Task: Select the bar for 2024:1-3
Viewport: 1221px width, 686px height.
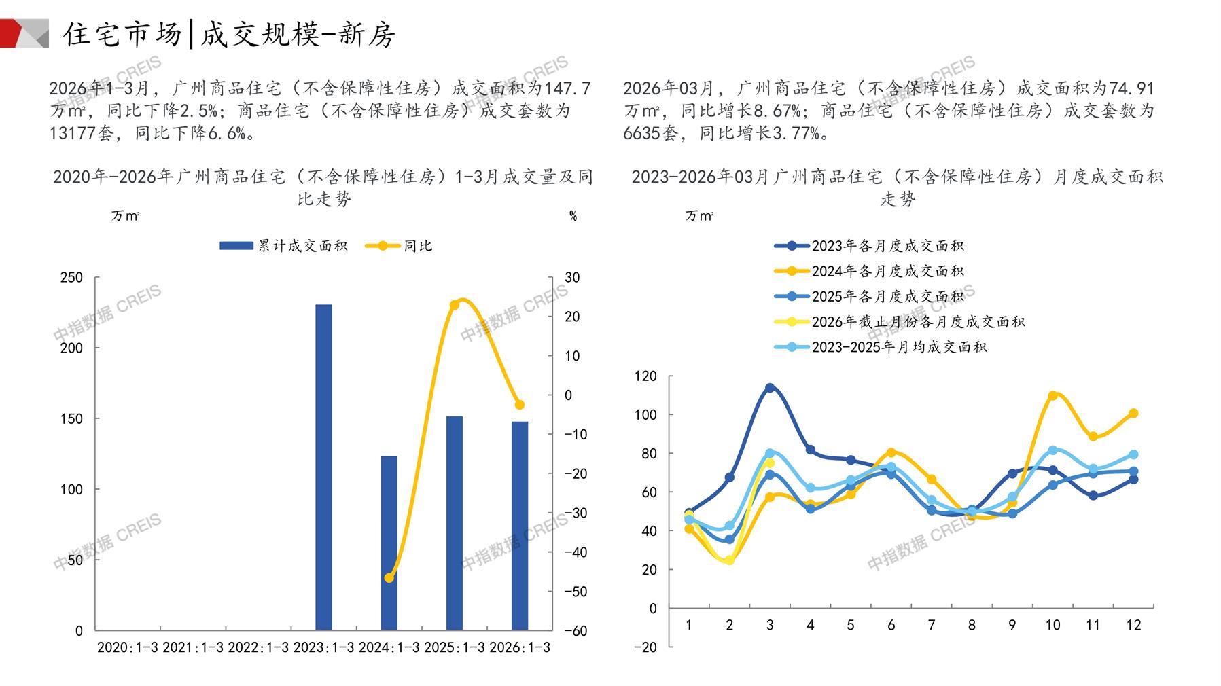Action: [x=389, y=543]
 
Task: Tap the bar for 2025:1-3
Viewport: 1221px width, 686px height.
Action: [x=454, y=523]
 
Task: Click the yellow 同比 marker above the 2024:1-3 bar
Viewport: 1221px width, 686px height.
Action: [x=389, y=578]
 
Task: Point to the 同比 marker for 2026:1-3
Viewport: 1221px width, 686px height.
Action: [x=520, y=405]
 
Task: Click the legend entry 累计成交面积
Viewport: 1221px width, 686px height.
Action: [x=283, y=246]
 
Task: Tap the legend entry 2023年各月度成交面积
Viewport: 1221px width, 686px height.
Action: [x=870, y=246]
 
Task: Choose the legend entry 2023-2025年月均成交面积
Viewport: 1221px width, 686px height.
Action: [x=881, y=347]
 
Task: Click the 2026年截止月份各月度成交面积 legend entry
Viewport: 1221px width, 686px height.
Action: [x=900, y=322]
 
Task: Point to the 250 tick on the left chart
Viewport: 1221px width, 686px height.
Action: [x=71, y=277]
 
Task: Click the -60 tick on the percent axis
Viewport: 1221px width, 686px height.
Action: [x=576, y=631]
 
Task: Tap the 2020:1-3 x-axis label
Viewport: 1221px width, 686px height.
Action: [x=127, y=647]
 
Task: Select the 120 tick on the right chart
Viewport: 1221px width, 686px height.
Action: [x=645, y=376]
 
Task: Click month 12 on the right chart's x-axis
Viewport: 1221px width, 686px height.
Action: [x=1133, y=625]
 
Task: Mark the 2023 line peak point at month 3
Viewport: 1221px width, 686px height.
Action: [x=770, y=388]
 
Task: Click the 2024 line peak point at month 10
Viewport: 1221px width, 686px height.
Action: [x=1052, y=395]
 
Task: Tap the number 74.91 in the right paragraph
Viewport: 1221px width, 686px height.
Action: [x=1131, y=88]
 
